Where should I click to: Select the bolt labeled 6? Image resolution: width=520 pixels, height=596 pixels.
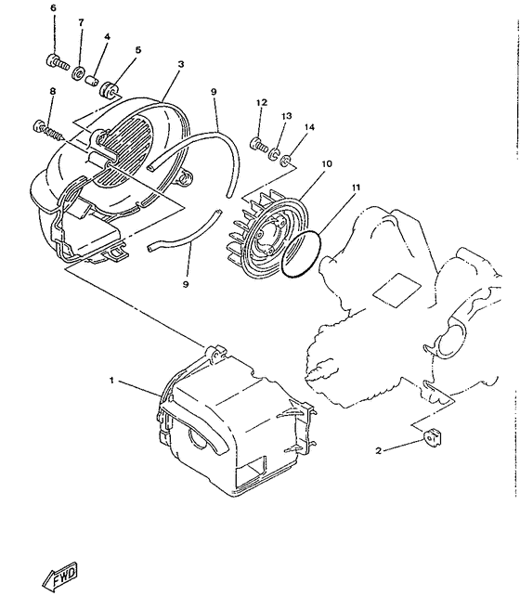pos(55,62)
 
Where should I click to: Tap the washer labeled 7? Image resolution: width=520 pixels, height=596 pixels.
pos(81,72)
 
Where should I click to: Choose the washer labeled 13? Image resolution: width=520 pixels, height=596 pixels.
pos(277,150)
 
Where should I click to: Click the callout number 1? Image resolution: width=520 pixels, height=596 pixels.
pos(114,382)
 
